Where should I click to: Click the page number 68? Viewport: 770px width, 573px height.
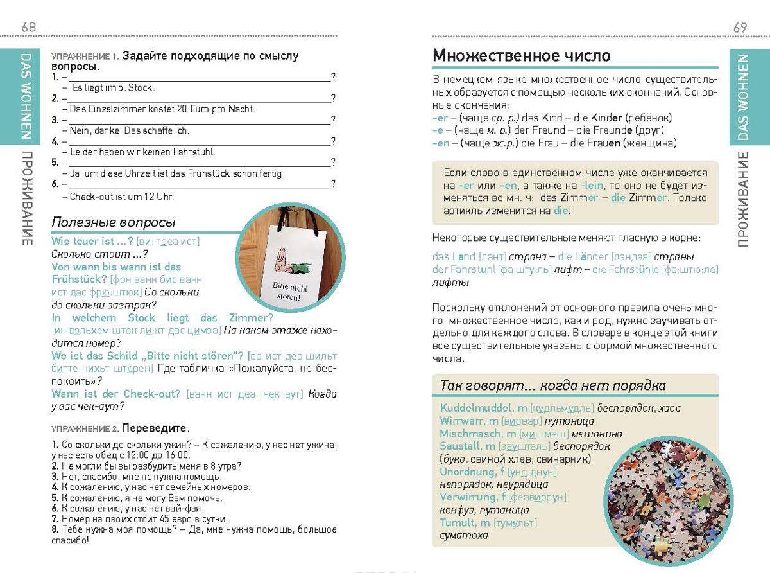point(28,27)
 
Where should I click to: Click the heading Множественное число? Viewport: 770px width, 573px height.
point(521,55)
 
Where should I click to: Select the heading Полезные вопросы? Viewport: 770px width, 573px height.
point(114,223)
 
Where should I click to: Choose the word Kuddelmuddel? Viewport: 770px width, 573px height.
point(475,408)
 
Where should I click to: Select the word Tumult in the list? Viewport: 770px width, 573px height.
point(457,523)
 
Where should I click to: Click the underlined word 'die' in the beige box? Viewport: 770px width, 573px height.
point(618,197)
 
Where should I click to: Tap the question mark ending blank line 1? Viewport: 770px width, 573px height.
point(333,77)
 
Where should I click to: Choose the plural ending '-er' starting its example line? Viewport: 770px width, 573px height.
point(440,118)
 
